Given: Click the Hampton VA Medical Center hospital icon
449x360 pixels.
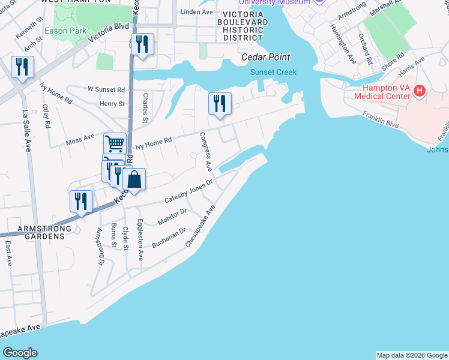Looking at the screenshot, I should tap(420, 91).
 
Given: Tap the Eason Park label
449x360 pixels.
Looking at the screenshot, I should tap(68, 31).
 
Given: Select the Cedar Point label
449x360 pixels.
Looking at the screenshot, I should tap(265, 57).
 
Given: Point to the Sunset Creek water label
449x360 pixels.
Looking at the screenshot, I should tap(273, 72).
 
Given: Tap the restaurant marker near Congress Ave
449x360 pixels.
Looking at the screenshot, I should tap(220, 104).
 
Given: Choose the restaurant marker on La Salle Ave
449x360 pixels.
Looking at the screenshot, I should tap(22, 67).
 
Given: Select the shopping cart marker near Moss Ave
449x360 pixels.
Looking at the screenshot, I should tap(115, 144).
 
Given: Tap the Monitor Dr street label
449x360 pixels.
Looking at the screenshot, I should tap(172, 216).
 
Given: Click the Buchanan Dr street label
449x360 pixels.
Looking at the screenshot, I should tap(168, 238).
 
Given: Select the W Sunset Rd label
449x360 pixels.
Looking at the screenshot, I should tap(106, 89).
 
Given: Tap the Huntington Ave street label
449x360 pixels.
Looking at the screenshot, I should tap(346, 44).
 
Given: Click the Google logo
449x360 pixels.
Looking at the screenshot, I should tap(20, 353).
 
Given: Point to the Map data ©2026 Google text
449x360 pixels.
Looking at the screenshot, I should tap(412, 355).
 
